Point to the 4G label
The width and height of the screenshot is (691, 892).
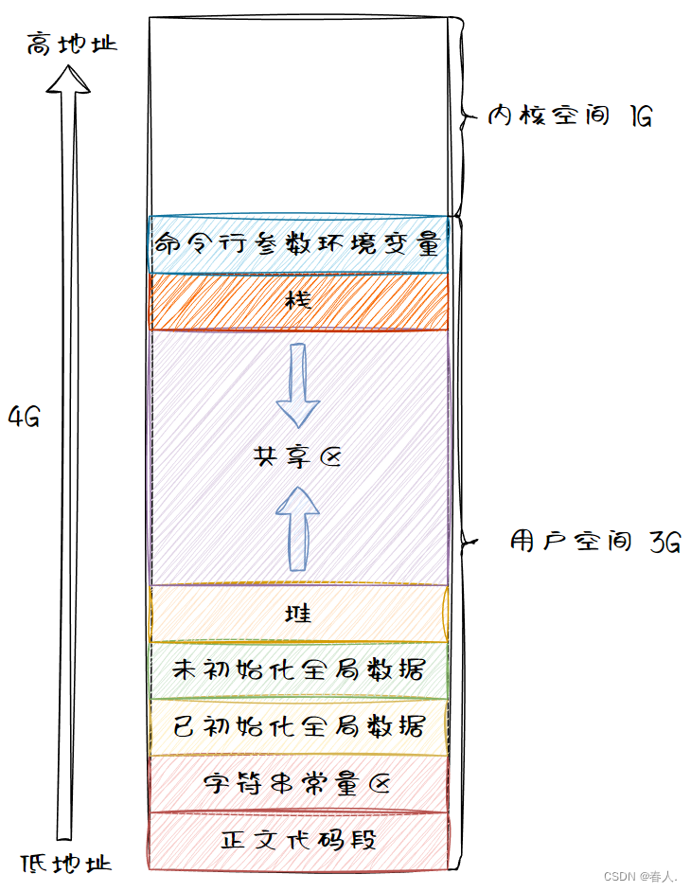[x=24, y=417]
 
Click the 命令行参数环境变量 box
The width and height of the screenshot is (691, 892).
[x=298, y=245]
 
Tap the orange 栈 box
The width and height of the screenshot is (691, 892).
[x=298, y=302]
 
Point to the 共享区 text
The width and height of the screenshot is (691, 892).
[x=295, y=457]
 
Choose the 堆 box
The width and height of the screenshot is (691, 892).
[x=298, y=614]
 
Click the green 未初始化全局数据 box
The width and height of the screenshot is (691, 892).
[x=298, y=670]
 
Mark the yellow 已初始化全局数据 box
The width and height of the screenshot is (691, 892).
[x=298, y=727]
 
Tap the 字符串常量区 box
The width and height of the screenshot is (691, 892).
[x=298, y=784]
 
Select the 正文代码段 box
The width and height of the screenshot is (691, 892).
[x=298, y=841]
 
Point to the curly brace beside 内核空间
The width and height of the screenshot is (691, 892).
[x=462, y=117]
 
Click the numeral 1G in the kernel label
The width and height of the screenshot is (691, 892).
[x=639, y=117]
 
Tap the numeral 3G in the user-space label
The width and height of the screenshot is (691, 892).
[x=664, y=543]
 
